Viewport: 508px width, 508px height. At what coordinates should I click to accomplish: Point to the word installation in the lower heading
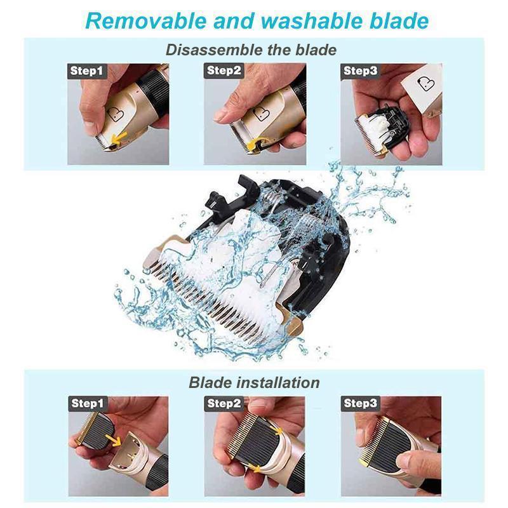click(x=276, y=382)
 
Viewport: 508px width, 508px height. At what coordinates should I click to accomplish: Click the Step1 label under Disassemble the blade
click(x=86, y=71)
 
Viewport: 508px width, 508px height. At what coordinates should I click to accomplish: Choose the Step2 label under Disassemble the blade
click(x=224, y=71)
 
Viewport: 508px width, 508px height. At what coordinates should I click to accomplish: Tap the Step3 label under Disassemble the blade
click(x=361, y=71)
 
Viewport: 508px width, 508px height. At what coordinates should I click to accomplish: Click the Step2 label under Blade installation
click(x=224, y=403)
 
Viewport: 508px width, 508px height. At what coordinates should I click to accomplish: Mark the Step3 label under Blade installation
click(x=361, y=403)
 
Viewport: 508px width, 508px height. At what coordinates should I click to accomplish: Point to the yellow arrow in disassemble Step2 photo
click(x=258, y=144)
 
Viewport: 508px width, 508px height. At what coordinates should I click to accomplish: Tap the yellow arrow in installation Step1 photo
click(x=114, y=439)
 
